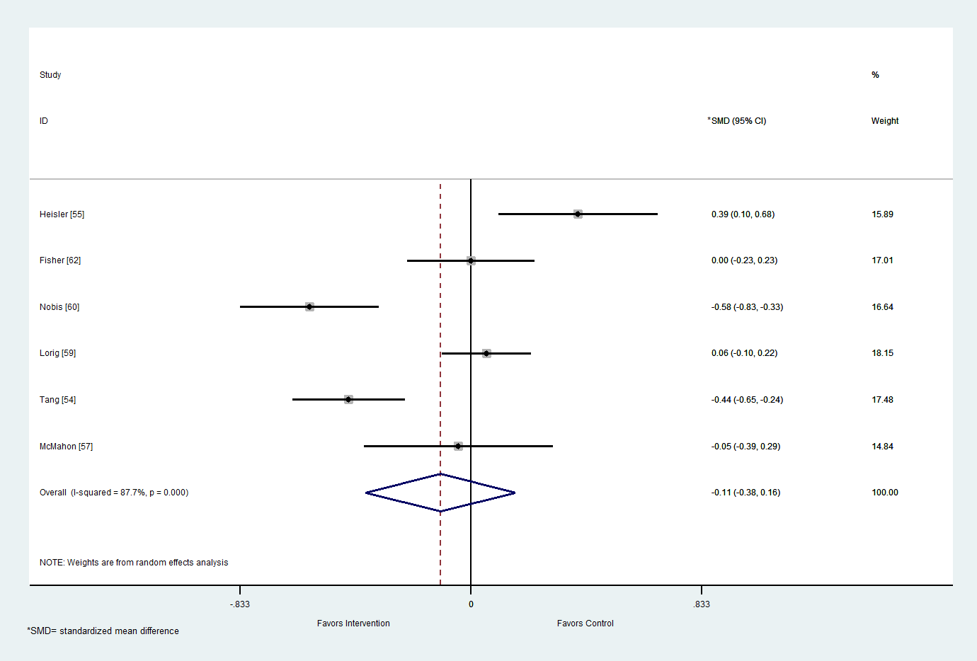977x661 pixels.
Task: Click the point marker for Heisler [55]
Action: (578, 214)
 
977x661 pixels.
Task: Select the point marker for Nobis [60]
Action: (309, 306)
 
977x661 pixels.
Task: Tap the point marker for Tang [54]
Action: (348, 399)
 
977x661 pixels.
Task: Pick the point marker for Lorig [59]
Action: (486, 353)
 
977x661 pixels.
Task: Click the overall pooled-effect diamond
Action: (440, 493)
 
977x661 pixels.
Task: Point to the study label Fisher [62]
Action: (60, 260)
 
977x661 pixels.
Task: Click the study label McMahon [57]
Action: (66, 447)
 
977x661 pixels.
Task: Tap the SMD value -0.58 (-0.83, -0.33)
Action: (747, 307)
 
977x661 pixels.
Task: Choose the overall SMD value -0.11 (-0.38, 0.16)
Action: (745, 493)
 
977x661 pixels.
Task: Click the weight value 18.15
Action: (882, 353)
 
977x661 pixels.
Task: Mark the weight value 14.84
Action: (882, 447)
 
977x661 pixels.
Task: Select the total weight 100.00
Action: (884, 493)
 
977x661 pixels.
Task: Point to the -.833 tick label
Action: (240, 604)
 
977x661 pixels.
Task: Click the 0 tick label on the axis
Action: (471, 604)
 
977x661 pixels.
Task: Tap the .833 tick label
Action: (702, 604)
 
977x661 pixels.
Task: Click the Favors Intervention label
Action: (353, 623)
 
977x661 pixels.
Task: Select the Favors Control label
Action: (585, 623)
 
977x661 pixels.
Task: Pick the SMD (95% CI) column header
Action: (738, 121)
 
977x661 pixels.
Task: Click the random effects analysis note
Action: (134, 563)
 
